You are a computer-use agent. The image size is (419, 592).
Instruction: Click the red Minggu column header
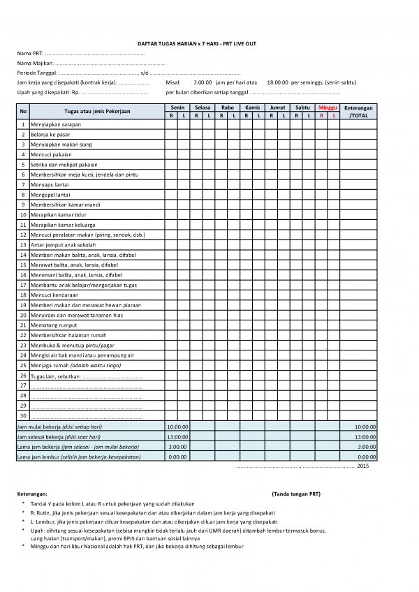coord(328,108)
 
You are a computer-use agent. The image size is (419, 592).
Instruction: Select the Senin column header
coord(177,108)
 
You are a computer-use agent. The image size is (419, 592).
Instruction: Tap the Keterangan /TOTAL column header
coord(358,111)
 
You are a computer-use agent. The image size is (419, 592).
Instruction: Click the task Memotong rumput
coord(50,325)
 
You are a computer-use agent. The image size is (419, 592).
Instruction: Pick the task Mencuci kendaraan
coord(52,295)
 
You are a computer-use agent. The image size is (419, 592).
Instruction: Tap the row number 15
coord(23,265)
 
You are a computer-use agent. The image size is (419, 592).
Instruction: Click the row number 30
coord(23,416)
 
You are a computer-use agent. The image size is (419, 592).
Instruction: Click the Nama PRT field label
coord(29,53)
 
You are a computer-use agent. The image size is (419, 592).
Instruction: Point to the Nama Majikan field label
coord(34,63)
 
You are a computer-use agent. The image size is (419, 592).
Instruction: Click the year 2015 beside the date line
coord(362,465)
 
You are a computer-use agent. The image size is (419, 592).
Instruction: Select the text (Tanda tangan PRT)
coord(295,494)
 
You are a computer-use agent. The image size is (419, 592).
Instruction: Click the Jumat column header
coord(277,108)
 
